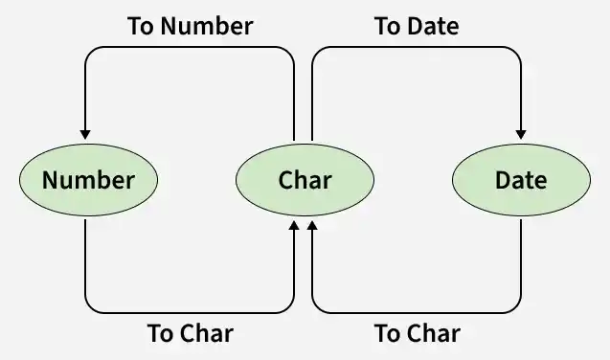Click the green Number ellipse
[x=89, y=180]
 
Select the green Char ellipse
[x=305, y=180]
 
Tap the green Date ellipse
[x=521, y=180]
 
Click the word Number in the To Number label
[x=207, y=26]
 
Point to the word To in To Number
[x=141, y=26]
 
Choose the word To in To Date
[x=388, y=26]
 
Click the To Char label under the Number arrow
[x=191, y=333]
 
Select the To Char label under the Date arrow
[x=418, y=333]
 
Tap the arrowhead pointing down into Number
[x=85, y=134]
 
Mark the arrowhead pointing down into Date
[x=521, y=134]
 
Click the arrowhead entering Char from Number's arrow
[x=295, y=225]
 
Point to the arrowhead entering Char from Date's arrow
[x=312, y=225]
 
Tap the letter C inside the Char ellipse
[x=286, y=180]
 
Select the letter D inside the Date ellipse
[x=503, y=180]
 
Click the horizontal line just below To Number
[x=190, y=48]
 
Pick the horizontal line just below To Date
[x=417, y=48]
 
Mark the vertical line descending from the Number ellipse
[x=85, y=259]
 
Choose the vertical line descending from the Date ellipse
[x=521, y=259]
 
